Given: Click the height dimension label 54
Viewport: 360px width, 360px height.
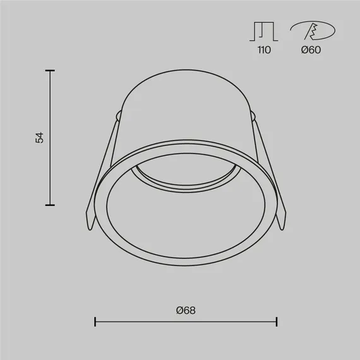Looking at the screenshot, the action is pos(40,138).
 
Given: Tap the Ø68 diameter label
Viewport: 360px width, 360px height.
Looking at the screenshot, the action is pos(186,310).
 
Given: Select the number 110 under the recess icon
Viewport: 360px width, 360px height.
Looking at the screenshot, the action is pos(264,50).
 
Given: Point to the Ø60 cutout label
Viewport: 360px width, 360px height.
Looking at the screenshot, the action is pos(311,50).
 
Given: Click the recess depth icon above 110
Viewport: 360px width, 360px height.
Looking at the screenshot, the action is pos(264,32).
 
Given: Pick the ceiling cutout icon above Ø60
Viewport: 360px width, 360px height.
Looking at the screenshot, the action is pos(313,30).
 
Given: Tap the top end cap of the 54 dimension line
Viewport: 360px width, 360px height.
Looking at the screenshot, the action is pos(50,71).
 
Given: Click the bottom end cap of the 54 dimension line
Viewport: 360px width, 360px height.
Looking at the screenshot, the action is pos(50,205).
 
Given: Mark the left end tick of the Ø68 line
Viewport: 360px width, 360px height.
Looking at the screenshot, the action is pos(95,321).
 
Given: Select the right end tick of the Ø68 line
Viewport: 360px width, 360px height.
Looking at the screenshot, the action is pos(277,321).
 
